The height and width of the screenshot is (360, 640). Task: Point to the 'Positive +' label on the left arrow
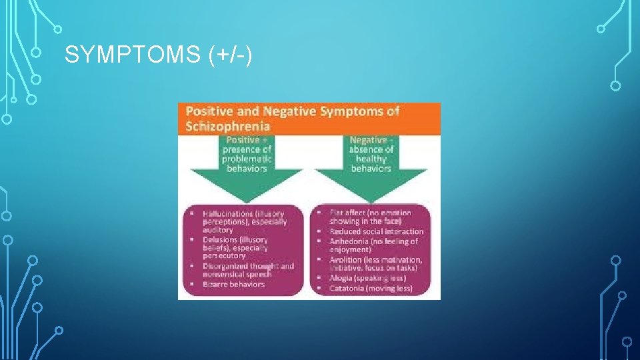pos(247,141)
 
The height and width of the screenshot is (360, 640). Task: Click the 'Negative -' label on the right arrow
pos(371,141)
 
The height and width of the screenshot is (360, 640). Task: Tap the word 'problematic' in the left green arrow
pos(247,159)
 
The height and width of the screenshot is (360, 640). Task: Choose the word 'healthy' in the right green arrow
pos(371,159)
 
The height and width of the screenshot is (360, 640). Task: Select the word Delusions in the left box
pos(220,240)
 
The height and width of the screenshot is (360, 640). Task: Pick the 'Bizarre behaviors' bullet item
pos(233,284)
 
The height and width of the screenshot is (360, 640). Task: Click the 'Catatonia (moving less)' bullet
pos(371,288)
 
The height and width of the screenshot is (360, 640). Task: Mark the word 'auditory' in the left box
pos(218,230)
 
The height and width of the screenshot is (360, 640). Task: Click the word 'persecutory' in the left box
pos(225,256)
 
